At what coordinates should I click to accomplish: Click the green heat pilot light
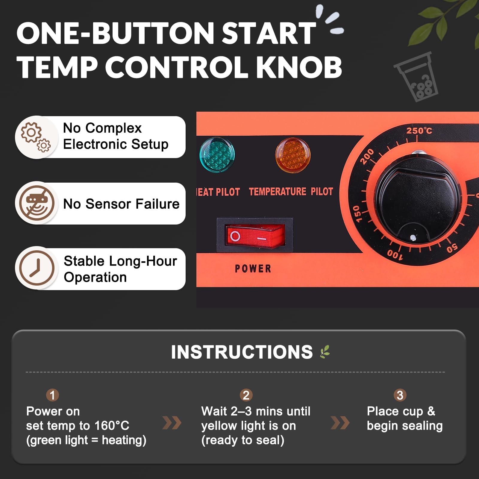point(217,155)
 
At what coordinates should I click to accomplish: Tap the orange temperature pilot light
point(293,155)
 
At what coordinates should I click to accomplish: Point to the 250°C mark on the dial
point(419,131)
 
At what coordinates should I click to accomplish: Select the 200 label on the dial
point(367,156)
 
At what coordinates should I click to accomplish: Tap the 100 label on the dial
point(395,254)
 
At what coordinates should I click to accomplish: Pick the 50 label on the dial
point(452,248)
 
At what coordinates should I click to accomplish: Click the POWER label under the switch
point(253,269)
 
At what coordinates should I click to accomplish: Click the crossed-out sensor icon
point(37,203)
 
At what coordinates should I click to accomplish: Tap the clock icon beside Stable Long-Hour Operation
point(37,268)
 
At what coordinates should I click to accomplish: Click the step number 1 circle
point(52,395)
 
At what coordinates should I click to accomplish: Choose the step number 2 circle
point(246,395)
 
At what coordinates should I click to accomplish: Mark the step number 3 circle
point(400,395)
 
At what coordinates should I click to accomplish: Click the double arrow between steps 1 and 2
point(172,422)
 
